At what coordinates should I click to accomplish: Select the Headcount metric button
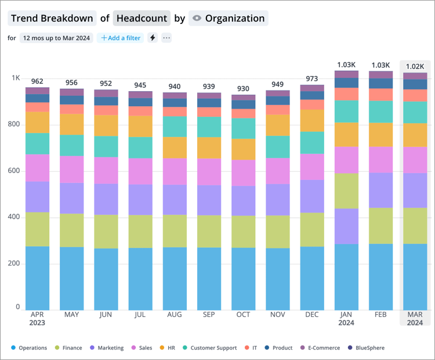142,18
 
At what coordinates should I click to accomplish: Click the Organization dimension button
228,18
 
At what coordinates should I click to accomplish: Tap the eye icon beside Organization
197,18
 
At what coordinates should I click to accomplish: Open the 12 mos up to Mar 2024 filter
56,38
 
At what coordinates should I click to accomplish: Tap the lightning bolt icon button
153,38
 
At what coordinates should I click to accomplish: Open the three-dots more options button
166,38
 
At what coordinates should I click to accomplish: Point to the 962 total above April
37,82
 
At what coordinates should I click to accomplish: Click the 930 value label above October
244,89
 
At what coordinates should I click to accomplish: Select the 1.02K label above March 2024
414,66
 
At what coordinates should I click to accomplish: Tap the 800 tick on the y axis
13,124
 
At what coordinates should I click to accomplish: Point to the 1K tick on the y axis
16,78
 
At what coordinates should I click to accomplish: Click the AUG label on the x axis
175,315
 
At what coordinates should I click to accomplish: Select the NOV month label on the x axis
278,315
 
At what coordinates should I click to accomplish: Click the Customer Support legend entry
209,348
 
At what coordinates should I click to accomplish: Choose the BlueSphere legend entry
366,348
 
